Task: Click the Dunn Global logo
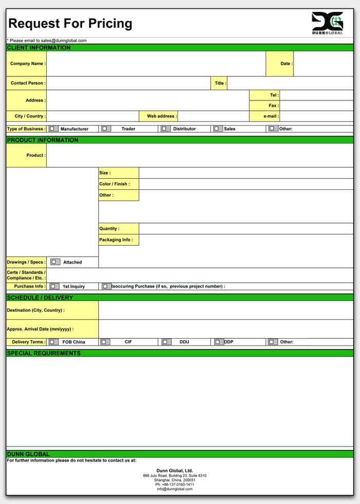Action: click(327, 23)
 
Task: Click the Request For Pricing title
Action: click(70, 24)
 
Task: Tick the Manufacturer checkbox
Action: click(53, 129)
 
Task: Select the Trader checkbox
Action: click(105, 129)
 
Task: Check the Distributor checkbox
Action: click(164, 129)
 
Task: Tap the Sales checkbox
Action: click(218, 129)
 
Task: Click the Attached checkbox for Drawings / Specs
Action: click(54, 262)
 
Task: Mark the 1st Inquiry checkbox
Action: click(53, 286)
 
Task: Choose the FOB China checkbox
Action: click(53, 342)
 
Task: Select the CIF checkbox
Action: click(105, 342)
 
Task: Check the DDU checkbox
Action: click(166, 342)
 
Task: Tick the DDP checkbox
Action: click(219, 342)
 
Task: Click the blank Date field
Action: click(323, 64)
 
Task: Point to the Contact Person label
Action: click(28, 83)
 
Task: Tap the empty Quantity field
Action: click(246, 229)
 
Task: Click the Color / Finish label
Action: click(115, 184)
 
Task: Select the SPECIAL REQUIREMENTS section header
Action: click(44, 353)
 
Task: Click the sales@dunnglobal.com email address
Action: click(64, 41)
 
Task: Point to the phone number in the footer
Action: click(175, 484)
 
